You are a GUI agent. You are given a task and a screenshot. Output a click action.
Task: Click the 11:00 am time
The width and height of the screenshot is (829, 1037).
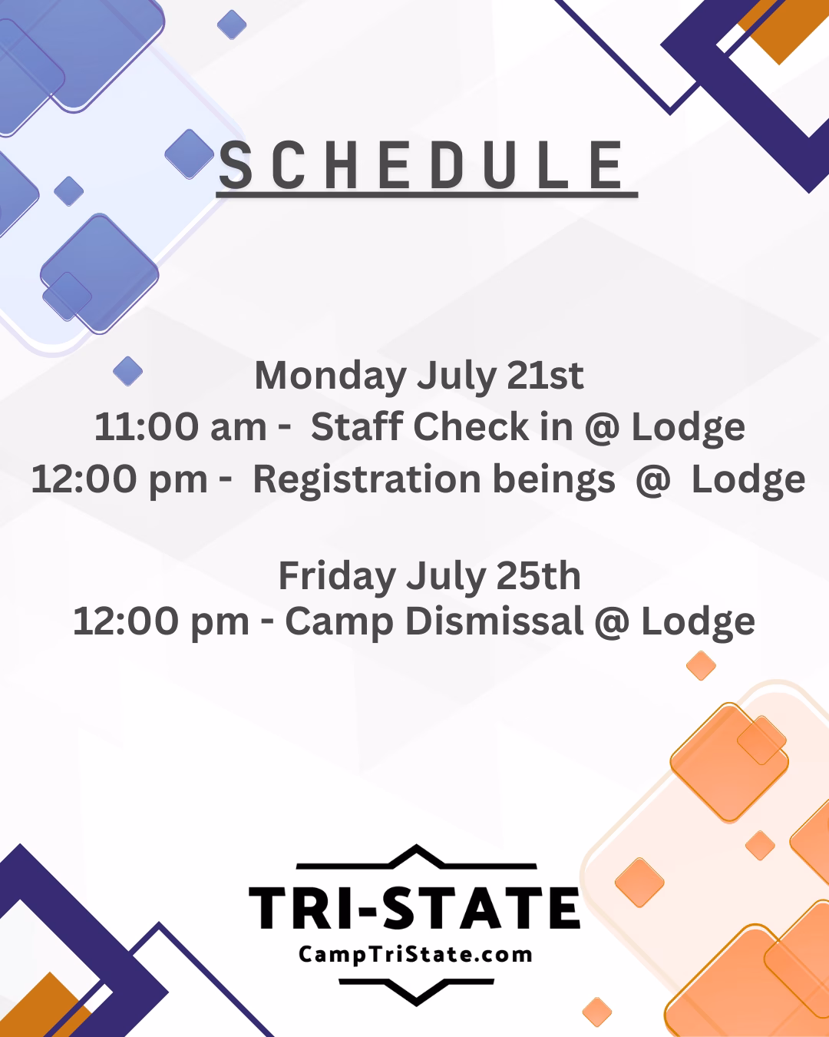click(x=180, y=426)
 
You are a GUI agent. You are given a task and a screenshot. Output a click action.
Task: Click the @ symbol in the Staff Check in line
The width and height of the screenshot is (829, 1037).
click(x=602, y=428)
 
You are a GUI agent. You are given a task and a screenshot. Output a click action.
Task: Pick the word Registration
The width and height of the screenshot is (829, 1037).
click(x=367, y=480)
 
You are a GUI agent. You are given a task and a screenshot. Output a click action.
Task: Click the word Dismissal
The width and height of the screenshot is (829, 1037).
click(x=494, y=621)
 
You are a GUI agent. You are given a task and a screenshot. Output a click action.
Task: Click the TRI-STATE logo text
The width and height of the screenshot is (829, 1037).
click(x=414, y=909)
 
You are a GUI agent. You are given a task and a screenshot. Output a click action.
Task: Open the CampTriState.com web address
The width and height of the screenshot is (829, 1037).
click(x=415, y=955)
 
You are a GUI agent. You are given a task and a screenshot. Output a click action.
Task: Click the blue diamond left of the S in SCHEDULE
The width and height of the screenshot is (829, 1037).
click(x=190, y=154)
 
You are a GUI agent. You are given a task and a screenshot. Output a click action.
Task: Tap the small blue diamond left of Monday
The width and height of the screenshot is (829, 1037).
click(x=127, y=371)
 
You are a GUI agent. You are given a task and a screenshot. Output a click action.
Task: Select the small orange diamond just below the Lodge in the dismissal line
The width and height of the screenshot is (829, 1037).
click(x=701, y=665)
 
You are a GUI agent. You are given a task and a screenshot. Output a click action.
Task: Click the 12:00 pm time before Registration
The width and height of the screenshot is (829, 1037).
click(x=120, y=480)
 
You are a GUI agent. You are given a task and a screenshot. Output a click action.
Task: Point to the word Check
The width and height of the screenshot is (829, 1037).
click(x=471, y=426)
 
